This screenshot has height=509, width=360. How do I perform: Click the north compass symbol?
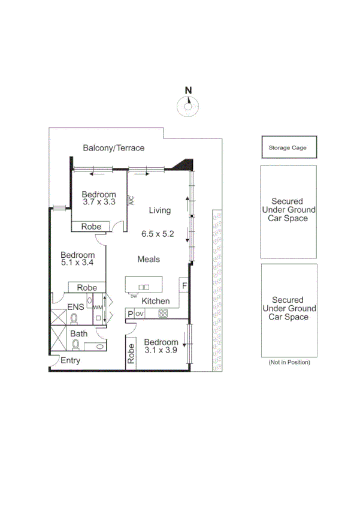[189, 106]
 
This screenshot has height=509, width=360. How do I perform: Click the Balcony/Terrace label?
[114, 148]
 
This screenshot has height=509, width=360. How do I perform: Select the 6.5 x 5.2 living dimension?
[158, 234]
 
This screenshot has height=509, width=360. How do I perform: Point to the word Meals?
[149, 259]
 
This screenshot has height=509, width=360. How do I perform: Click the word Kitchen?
[156, 301]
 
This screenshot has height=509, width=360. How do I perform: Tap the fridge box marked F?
[184, 285]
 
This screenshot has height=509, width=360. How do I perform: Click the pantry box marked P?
[129, 314]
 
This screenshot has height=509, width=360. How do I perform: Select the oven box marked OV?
[140, 314]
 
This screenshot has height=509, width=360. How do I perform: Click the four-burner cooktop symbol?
[162, 314]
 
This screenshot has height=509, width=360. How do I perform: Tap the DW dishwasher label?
[134, 295]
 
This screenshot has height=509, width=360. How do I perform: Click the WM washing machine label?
[97, 308]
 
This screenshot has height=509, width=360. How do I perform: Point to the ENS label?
[75, 307]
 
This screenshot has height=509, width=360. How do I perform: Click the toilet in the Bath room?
[76, 345]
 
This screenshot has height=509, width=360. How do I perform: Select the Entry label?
[70, 361]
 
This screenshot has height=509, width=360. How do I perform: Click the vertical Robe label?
[131, 354]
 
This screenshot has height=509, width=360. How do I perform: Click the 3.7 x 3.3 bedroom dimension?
[99, 203]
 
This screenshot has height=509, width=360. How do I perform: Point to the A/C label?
[132, 201]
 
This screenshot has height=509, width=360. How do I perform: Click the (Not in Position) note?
[289, 363]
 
